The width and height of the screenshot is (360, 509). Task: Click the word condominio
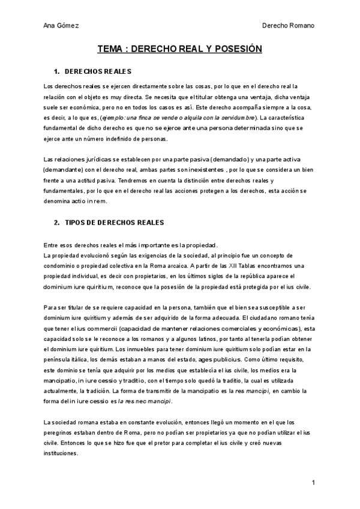[61, 265]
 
